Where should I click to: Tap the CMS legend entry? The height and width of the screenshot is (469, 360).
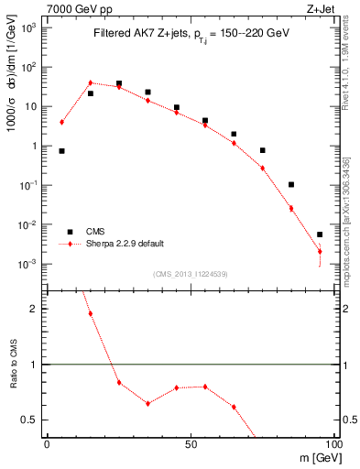click(96, 232)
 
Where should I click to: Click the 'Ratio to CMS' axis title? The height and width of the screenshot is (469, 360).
click(16, 376)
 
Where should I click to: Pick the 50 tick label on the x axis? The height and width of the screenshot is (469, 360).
click(191, 443)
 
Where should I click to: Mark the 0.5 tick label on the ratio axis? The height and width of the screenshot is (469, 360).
click(30, 420)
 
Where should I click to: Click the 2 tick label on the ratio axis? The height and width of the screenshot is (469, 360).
click(37, 309)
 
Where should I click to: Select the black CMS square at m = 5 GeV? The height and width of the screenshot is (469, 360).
click(61, 151)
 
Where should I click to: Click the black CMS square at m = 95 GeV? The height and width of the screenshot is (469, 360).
click(320, 234)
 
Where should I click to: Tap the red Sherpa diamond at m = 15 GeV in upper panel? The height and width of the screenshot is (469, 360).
click(90, 82)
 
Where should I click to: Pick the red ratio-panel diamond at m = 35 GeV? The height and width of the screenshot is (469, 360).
click(147, 403)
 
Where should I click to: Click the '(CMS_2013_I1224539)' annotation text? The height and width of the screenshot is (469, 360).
click(190, 273)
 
